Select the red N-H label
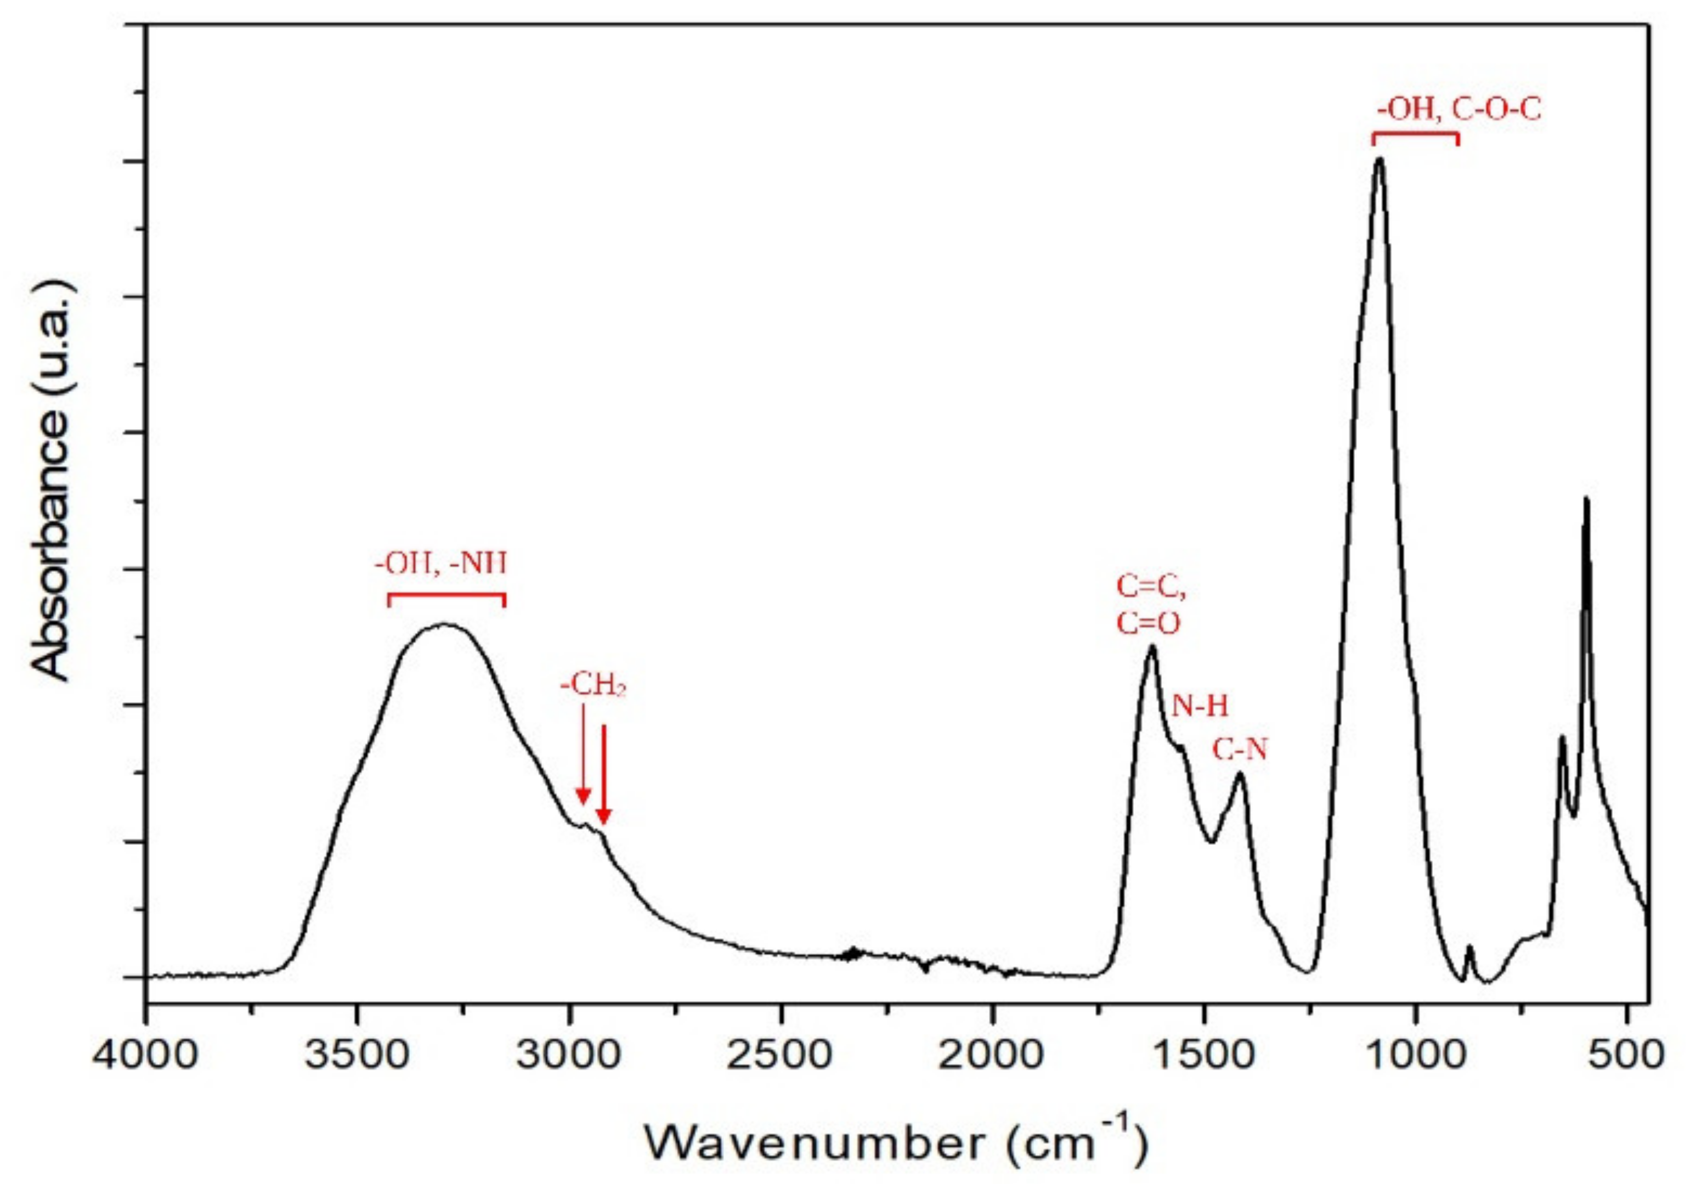point(1200,706)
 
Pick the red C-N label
point(1240,751)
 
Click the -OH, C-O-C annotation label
point(1459,111)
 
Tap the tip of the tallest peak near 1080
point(1379,160)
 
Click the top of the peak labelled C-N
point(1240,774)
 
